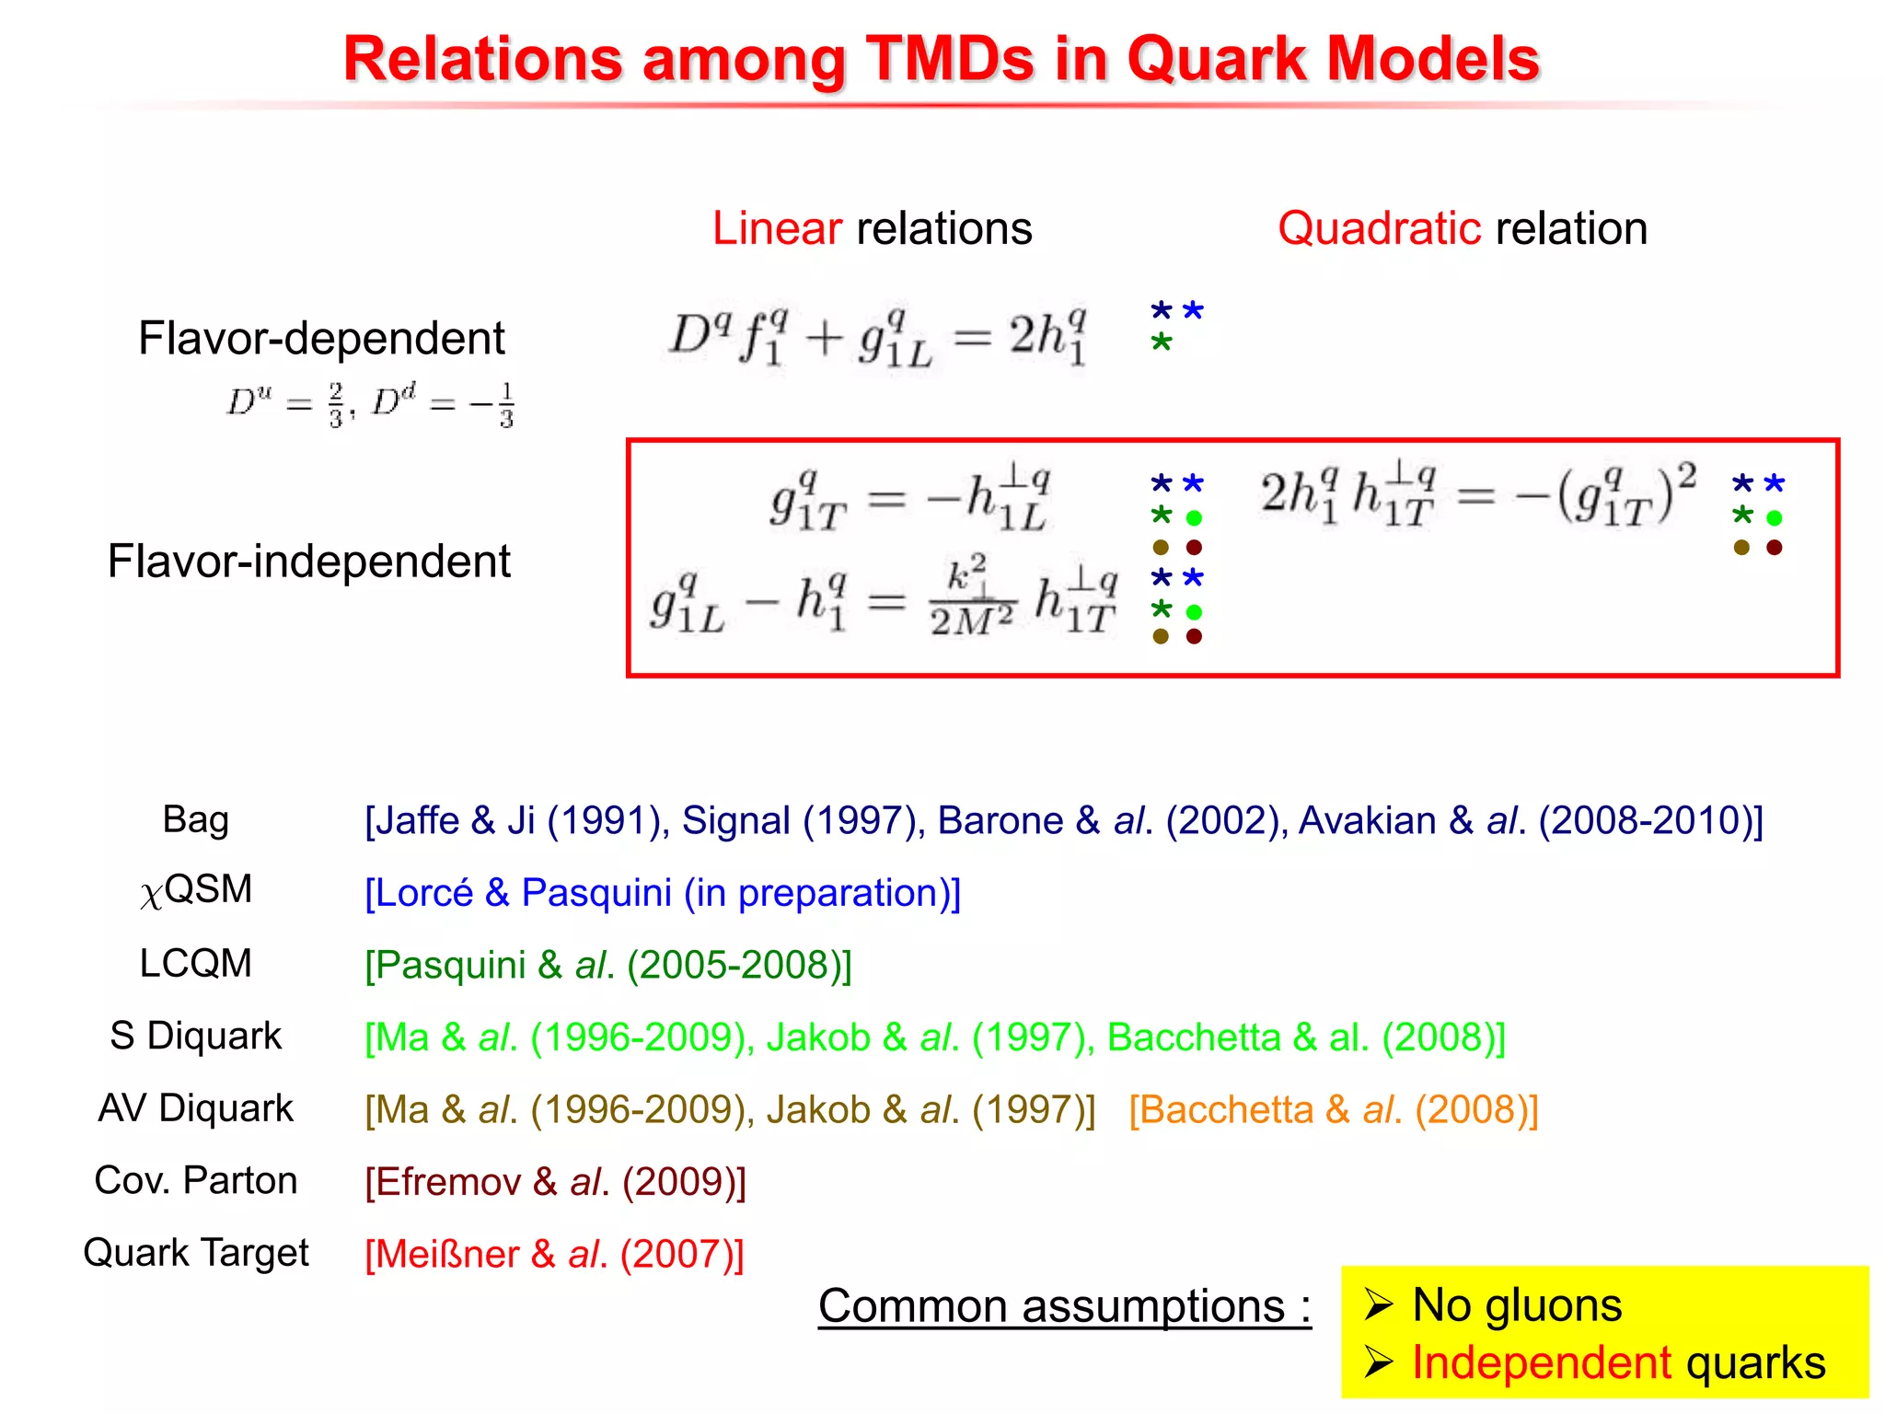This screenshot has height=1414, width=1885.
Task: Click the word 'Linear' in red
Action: coord(776,228)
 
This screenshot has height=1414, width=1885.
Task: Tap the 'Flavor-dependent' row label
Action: coord(321,338)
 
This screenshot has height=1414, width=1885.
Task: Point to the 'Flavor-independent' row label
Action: coord(308,561)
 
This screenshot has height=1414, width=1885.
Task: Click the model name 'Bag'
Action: coord(195,818)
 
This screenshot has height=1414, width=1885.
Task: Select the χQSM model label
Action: coord(196,890)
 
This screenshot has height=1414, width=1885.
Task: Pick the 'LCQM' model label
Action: coord(195,963)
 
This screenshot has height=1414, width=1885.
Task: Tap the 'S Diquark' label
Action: coord(195,1036)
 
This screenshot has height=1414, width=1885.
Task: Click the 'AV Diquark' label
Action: coord(195,1107)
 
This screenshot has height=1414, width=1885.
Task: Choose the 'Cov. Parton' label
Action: coord(195,1180)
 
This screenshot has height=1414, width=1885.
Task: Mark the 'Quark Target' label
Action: coord(195,1253)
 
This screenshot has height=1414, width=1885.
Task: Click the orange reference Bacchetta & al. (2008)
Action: coord(1333,1109)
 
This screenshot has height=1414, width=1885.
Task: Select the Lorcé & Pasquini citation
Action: coord(663,893)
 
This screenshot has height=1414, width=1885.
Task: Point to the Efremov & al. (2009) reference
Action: coord(555,1182)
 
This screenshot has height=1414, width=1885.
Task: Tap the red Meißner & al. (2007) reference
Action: coord(554,1254)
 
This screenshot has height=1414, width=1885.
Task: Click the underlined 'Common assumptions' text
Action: coord(1063,1305)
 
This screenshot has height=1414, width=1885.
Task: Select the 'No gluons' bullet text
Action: coord(1516,1304)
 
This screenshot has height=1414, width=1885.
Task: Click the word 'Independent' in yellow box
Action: coord(1541,1362)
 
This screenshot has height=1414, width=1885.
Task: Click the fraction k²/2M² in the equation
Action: coord(971,597)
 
